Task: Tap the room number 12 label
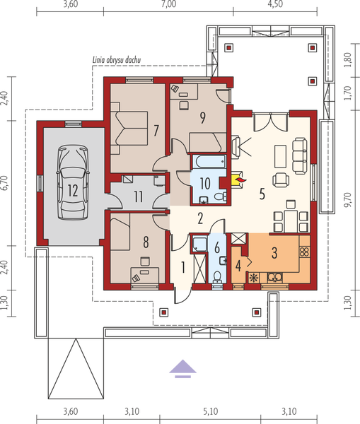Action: coord(72,189)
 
